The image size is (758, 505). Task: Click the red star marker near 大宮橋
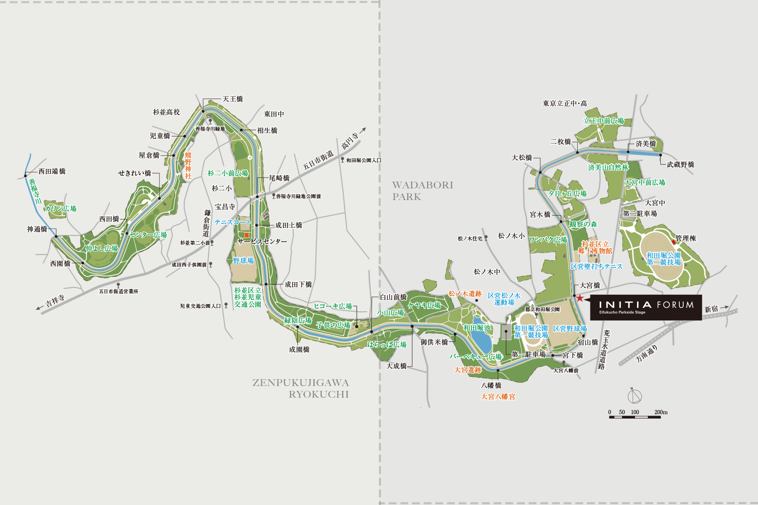pyautogui.click(x=579, y=298)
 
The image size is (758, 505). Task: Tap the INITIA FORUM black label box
pyautogui.click(x=646, y=307)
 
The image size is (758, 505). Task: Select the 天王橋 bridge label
pyautogui.click(x=233, y=99)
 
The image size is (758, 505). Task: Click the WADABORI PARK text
pyautogui.click(x=422, y=191)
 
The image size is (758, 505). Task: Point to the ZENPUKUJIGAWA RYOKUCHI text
pyautogui.click(x=301, y=388)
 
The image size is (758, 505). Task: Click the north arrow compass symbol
pyautogui.click(x=634, y=396)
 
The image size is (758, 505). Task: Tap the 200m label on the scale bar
pyautogui.click(x=661, y=412)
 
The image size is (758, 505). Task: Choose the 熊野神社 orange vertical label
pyautogui.click(x=188, y=166)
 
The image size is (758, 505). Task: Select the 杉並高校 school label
pyautogui.click(x=166, y=112)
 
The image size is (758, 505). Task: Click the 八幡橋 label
pyautogui.click(x=491, y=385)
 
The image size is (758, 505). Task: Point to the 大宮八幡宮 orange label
pyautogui.click(x=498, y=397)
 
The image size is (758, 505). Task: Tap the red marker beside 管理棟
pyautogui.click(x=673, y=242)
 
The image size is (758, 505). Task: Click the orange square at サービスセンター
pyautogui.click(x=247, y=235)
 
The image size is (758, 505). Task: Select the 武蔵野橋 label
pyautogui.click(x=680, y=165)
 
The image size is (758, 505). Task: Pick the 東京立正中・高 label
pyautogui.click(x=565, y=103)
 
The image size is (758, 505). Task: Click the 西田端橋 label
pyautogui.click(x=52, y=171)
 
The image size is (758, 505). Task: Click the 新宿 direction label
pyautogui.click(x=711, y=309)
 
